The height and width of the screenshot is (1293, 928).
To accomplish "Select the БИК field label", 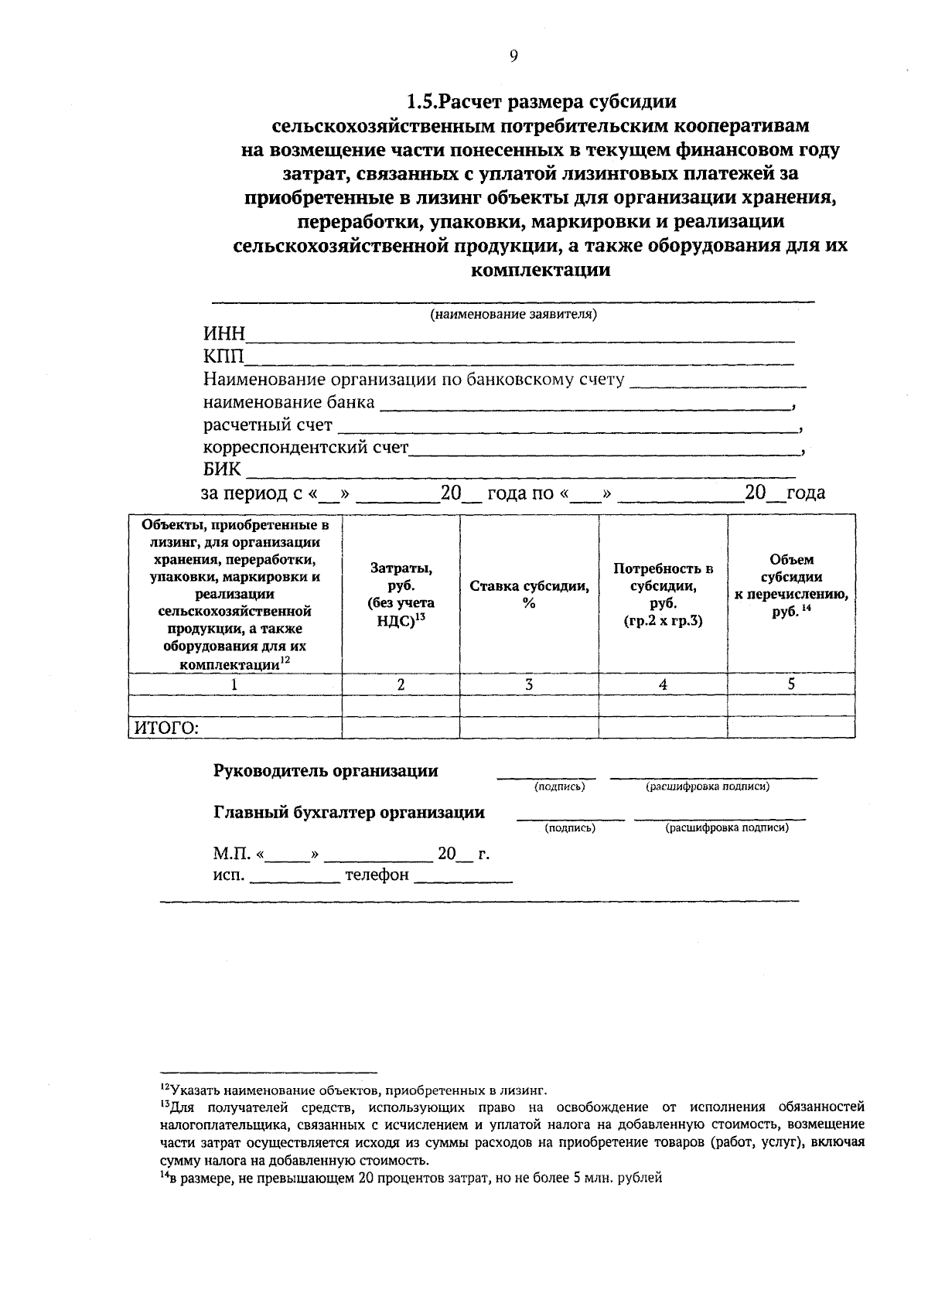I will pos(222,469).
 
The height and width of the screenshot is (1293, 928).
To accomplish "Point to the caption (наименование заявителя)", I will pos(513,315).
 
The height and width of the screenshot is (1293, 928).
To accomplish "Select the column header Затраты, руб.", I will pos(401,594).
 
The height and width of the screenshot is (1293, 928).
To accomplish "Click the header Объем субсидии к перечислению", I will pos(791,585).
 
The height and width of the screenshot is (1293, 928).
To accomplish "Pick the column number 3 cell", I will pos(529,684).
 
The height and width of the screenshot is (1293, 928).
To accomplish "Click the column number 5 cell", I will pos(791,684).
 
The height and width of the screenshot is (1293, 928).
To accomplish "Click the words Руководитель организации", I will pos(326,771).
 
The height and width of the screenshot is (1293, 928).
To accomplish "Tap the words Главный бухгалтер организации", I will pos(349,813).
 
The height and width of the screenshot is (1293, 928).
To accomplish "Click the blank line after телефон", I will pos(464,878).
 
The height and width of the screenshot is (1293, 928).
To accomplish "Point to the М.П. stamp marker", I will pos(230,855).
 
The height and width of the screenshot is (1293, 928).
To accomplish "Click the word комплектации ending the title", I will pos(541,271).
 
